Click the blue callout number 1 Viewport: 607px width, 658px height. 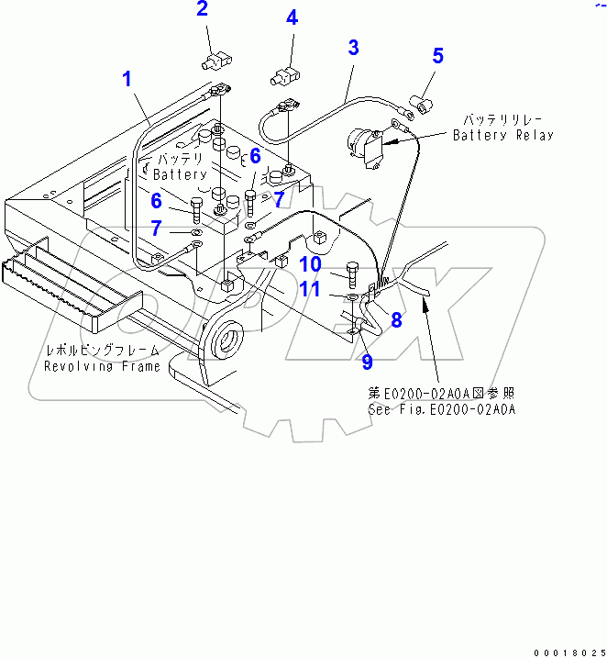pyautogui.click(x=128, y=79)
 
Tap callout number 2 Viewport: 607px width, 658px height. pyautogui.click(x=203, y=10)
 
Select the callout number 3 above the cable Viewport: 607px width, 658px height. pyautogui.click(x=353, y=48)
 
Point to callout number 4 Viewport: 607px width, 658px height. pyautogui.click(x=292, y=17)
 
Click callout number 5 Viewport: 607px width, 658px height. pyautogui.click(x=437, y=56)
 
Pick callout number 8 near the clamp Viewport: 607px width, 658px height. pyautogui.click(x=397, y=320)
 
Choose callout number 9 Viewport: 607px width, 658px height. pyautogui.click(x=367, y=362)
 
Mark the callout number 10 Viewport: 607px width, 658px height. pyautogui.click(x=310, y=265)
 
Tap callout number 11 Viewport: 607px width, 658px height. pyautogui.click(x=310, y=290)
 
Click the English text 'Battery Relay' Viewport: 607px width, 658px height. pyautogui.click(x=503, y=135)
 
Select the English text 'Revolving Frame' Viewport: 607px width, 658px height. pyautogui.click(x=102, y=366)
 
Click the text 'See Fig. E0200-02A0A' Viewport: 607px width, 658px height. pyautogui.click(x=442, y=409)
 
